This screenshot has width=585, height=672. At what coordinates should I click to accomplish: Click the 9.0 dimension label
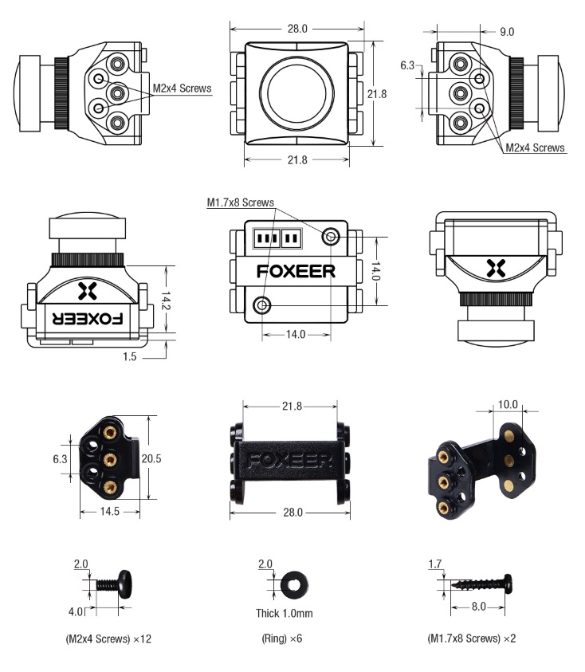click(x=507, y=31)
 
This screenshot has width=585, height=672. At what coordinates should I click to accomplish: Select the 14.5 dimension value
click(x=111, y=512)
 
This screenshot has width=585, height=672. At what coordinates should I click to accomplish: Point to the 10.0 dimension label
click(x=508, y=404)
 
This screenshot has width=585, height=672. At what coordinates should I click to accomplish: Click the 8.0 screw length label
click(x=478, y=607)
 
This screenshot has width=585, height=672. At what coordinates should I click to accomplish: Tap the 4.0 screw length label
click(x=77, y=612)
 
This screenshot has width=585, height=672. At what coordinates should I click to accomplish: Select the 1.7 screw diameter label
click(x=435, y=565)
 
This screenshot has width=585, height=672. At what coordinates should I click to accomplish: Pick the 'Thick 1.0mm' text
click(x=285, y=614)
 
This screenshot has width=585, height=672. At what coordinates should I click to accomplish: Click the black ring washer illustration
click(x=293, y=584)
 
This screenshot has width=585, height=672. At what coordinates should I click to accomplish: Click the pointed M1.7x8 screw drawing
click(x=482, y=584)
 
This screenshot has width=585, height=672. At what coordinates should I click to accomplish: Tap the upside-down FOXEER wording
click(x=88, y=318)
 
